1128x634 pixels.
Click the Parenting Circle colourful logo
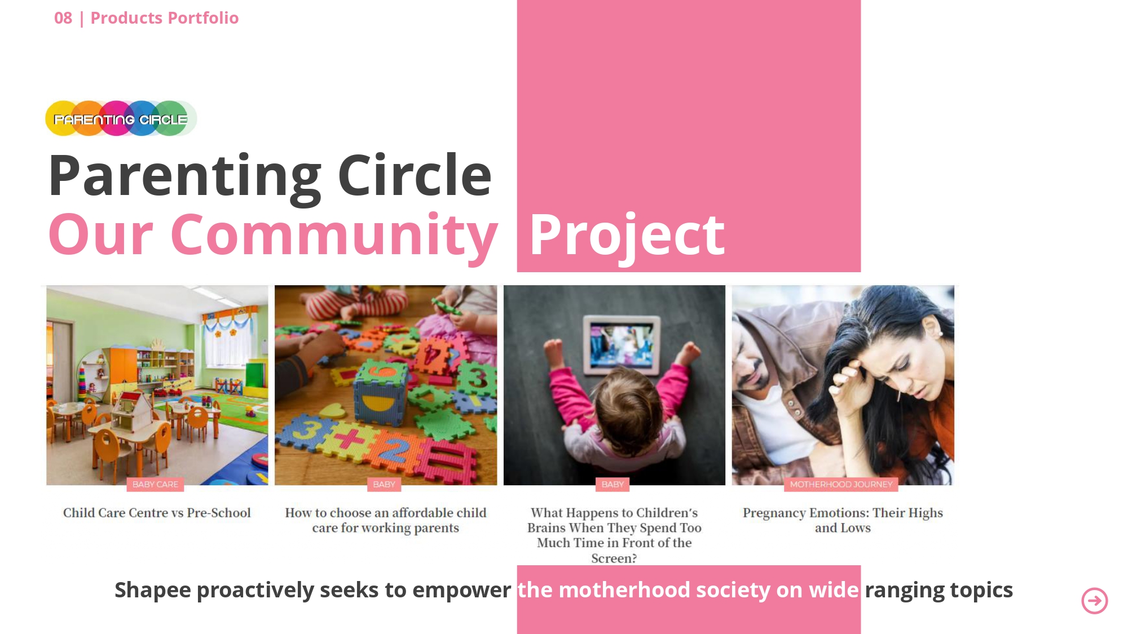[121, 118]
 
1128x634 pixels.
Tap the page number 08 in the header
[63, 18]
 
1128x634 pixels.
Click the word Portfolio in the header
[203, 18]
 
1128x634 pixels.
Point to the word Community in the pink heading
[334, 234]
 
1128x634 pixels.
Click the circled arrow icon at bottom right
[1095, 601]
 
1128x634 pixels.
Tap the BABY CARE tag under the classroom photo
[155, 484]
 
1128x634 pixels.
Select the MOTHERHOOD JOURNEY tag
[841, 484]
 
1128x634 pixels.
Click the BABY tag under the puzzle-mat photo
[384, 484]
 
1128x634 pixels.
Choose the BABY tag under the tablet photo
[613, 484]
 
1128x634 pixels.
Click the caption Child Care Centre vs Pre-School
[157, 513]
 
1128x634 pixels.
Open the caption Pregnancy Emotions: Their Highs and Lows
[843, 520]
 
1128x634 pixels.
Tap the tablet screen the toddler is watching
[621, 344]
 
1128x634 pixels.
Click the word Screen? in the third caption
[614, 558]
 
